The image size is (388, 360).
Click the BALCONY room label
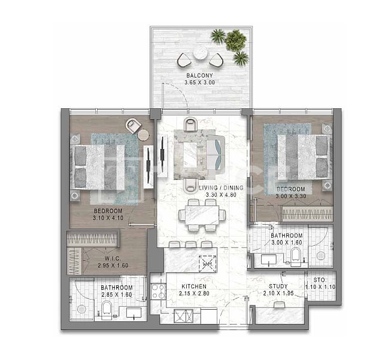[199, 75]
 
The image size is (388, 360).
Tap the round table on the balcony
[201, 53]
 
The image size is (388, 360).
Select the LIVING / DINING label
[221, 188]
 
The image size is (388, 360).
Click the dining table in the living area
[202, 215]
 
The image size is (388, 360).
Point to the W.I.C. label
[113, 259]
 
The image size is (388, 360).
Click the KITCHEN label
[194, 286]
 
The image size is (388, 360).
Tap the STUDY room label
[278, 286]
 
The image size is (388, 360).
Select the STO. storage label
[320, 280]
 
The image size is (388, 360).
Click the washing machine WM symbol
[207, 264]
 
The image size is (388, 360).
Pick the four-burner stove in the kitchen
[158, 291]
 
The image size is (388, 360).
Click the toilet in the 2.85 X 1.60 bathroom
[107, 310]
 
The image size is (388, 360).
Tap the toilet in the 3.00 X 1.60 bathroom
[296, 257]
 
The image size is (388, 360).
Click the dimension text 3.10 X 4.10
[108, 218]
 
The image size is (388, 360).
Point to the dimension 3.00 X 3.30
[291, 196]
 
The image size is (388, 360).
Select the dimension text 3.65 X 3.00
[200, 83]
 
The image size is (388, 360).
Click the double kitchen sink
[183, 316]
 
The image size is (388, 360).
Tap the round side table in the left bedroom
[143, 135]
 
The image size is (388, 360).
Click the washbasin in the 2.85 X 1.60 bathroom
[134, 312]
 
